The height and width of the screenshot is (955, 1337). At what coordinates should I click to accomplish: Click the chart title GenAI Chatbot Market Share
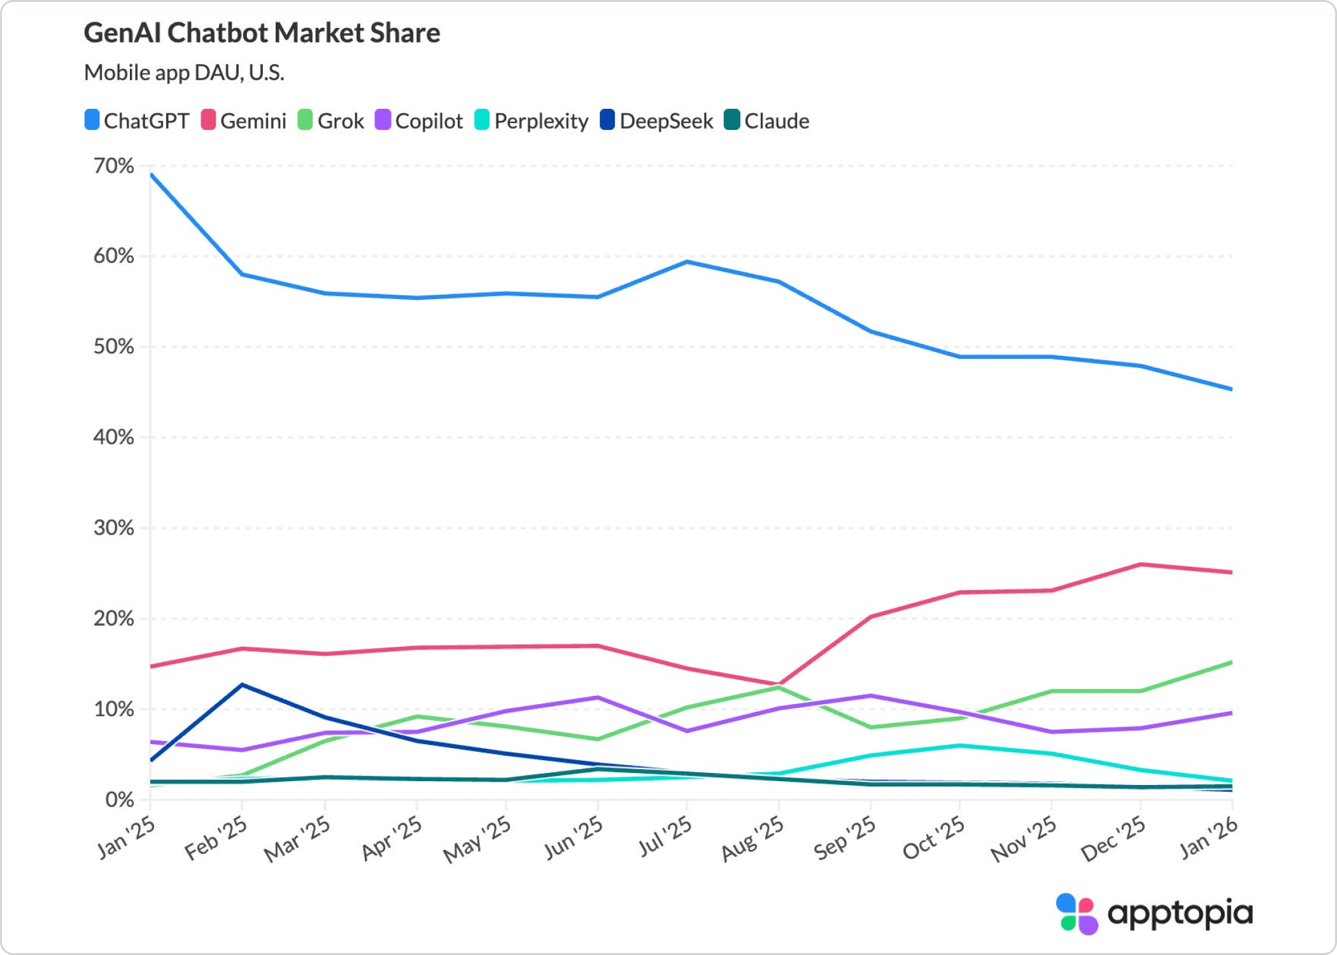[x=262, y=33]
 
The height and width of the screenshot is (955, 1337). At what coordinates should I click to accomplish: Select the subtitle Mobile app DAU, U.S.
[x=184, y=73]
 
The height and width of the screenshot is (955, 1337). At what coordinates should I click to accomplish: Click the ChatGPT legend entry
[x=137, y=120]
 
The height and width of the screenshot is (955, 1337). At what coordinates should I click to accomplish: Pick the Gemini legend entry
[x=243, y=120]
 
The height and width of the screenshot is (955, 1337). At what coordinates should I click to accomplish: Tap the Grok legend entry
[x=330, y=120]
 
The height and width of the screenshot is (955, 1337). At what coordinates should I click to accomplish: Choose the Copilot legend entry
[x=419, y=120]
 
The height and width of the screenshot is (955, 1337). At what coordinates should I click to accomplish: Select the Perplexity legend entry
[x=532, y=120]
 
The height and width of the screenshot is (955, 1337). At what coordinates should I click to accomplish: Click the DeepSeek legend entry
[x=656, y=120]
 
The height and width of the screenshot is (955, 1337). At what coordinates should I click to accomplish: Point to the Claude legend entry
[x=767, y=120]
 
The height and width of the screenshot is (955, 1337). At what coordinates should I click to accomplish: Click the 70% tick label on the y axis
[x=114, y=166]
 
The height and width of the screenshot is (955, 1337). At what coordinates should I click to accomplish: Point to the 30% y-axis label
[x=114, y=528]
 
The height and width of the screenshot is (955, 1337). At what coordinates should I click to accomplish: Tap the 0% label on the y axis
[x=120, y=800]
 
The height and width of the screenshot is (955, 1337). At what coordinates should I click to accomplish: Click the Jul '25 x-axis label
[x=666, y=837]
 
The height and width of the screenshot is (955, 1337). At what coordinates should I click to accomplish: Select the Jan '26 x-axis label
[x=1208, y=838]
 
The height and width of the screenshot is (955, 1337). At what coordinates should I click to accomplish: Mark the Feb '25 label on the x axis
[x=216, y=838]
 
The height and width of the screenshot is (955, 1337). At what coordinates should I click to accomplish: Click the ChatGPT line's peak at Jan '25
[x=151, y=174]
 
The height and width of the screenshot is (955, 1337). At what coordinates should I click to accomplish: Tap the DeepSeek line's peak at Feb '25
[x=242, y=685]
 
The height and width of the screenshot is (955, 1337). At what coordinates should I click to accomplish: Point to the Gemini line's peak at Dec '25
[x=1140, y=564]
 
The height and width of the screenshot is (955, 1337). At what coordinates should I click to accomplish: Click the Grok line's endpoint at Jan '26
[x=1231, y=663]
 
